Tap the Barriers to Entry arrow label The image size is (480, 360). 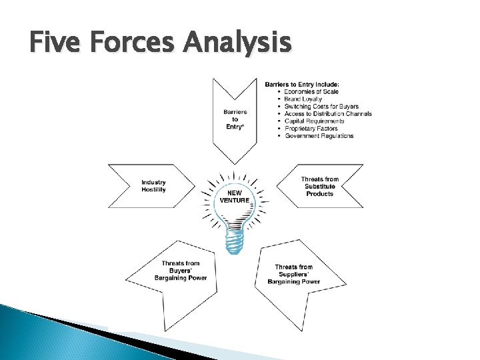pyautogui.click(x=235, y=119)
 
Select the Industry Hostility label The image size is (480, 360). pyautogui.click(x=153, y=186)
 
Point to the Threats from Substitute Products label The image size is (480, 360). pyautogui.click(x=319, y=186)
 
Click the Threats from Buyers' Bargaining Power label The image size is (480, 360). pyautogui.click(x=180, y=271)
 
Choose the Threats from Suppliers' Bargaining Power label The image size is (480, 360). pyautogui.click(x=293, y=274)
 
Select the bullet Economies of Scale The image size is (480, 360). pyautogui.click(x=311, y=91)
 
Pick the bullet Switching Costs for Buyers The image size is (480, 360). pyautogui.click(x=321, y=106)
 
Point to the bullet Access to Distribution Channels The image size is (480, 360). pyautogui.click(x=328, y=113)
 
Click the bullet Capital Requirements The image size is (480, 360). pyautogui.click(x=315, y=121)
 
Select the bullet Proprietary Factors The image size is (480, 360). pyautogui.click(x=311, y=128)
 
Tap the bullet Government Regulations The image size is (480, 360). pyautogui.click(x=319, y=135)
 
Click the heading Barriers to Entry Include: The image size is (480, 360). pyautogui.click(x=302, y=84)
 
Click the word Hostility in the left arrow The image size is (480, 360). pyautogui.click(x=153, y=190)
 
